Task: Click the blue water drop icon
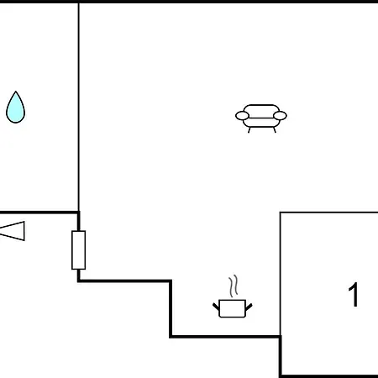pos(15,108)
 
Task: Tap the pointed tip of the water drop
pos(16,92)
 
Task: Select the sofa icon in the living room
pos(261,118)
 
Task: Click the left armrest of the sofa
pos(242,116)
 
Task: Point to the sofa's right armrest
pos(280,116)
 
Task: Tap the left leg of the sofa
pos(249,130)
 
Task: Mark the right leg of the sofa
pos(275,130)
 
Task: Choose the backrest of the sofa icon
pos(261,108)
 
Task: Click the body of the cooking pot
pos(233,308)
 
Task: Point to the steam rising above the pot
pos(233,286)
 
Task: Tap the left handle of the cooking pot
pos(216,307)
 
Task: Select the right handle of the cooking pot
pos(249,307)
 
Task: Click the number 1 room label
pos(354,295)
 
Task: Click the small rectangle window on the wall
pos(79,250)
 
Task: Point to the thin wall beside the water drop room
pos(79,108)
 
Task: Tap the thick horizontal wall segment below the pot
pos(225,336)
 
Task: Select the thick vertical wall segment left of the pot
pos(171,308)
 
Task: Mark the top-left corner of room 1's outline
pos(281,213)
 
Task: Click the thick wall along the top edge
pos(189,2)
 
